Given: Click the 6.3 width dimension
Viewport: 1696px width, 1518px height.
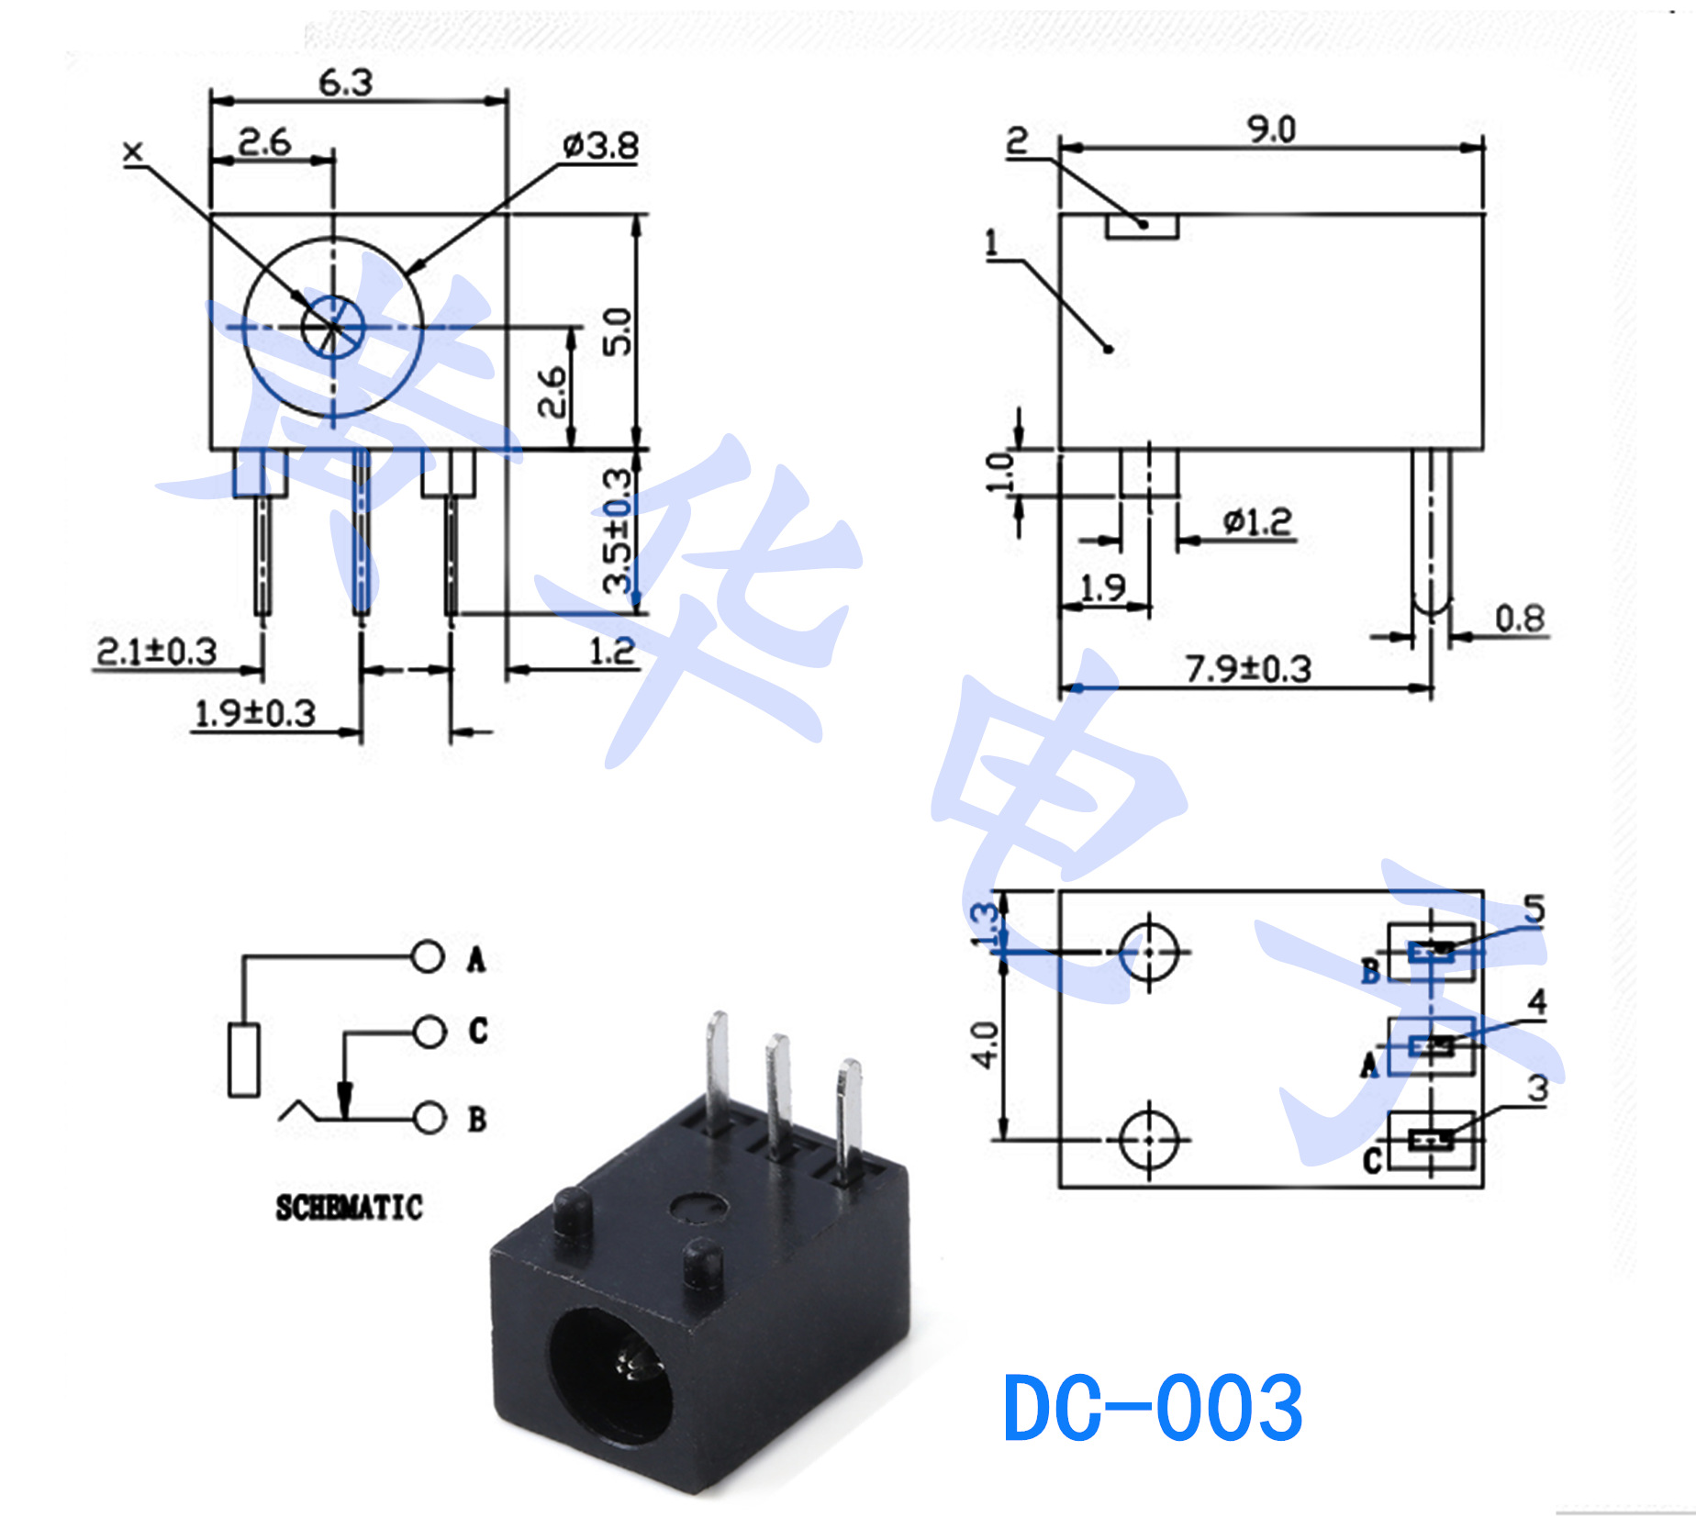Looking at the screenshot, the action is [x=346, y=83].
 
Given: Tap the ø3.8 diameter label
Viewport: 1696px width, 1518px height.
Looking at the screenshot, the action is [x=601, y=145].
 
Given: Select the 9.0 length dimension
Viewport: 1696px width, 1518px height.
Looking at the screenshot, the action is [x=1271, y=129].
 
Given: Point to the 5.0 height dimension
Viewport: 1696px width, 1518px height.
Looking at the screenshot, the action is [x=617, y=330].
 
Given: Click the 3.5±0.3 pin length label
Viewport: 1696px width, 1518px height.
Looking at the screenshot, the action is [x=618, y=530].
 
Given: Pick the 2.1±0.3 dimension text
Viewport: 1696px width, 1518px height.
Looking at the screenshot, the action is [x=157, y=651].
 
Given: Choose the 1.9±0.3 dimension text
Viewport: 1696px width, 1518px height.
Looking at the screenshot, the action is [x=255, y=713].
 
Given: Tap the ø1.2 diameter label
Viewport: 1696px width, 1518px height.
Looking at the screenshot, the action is [x=1257, y=521].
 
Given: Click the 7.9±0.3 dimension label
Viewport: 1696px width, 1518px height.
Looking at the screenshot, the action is [x=1248, y=668].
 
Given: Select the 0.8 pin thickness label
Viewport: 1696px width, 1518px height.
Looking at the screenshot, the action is [x=1520, y=618].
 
